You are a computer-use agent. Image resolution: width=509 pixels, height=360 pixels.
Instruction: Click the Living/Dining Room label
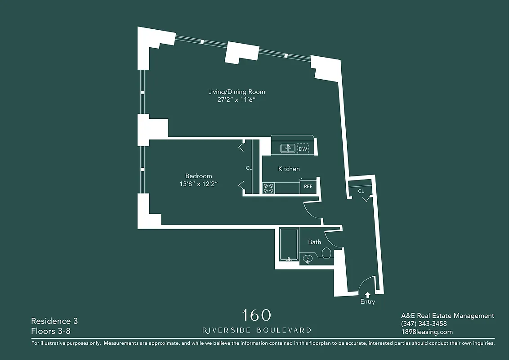coord(237,92)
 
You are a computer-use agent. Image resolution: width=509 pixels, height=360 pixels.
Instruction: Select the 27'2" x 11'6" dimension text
coord(237,100)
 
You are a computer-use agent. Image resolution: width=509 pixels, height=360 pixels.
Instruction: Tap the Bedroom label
coord(198,176)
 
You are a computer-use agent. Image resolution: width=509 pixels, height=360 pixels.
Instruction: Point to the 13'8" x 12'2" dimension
coord(198,184)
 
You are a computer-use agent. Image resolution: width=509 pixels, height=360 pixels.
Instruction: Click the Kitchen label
coord(289,169)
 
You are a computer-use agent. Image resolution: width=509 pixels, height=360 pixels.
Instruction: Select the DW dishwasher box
coord(303,149)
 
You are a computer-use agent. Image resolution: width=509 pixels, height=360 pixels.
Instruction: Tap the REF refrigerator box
coord(308,186)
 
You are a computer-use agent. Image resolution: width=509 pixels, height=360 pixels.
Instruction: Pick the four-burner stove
coord(268,188)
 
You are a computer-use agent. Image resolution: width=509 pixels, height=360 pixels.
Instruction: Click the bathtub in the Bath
coord(288,245)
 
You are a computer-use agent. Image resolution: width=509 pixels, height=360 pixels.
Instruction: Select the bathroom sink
coord(308,259)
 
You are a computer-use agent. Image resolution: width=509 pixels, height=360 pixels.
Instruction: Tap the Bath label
coord(314,242)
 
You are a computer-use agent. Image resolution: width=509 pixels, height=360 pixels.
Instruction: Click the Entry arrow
coord(367,295)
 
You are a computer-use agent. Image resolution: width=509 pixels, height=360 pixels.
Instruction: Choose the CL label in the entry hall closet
coord(361,191)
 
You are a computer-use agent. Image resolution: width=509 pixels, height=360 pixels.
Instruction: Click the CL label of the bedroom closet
coord(249,168)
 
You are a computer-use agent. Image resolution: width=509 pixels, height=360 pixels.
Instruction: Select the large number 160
coord(256,315)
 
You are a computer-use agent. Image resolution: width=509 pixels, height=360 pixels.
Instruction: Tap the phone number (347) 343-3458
coord(424,324)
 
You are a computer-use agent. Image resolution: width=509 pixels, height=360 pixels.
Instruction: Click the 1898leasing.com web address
coord(427,332)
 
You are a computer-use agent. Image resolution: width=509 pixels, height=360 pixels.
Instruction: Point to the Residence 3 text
coord(54,321)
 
